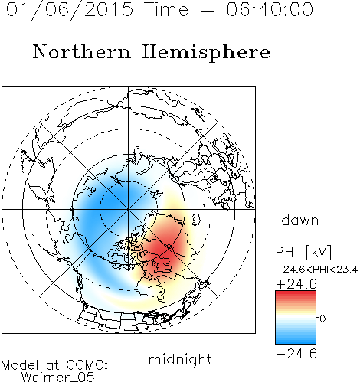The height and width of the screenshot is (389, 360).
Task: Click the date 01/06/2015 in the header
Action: click(x=70, y=10)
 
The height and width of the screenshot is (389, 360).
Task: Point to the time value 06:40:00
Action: click(x=270, y=9)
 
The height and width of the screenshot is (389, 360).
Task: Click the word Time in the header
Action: click(x=166, y=9)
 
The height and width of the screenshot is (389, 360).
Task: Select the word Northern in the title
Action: click(x=82, y=51)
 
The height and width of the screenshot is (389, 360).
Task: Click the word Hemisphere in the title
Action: click(x=206, y=53)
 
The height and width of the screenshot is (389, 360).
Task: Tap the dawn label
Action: click(x=300, y=220)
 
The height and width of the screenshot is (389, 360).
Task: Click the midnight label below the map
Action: click(x=180, y=359)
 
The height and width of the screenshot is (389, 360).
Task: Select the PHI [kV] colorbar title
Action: click(x=303, y=252)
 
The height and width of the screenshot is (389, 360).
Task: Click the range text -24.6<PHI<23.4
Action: click(x=316, y=270)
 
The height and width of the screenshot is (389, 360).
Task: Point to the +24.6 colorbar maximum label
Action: click(x=296, y=284)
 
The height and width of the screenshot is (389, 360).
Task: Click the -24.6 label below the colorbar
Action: click(x=296, y=354)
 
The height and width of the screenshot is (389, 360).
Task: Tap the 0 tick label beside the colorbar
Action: click(x=322, y=319)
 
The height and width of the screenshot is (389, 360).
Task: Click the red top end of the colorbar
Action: click(x=296, y=293)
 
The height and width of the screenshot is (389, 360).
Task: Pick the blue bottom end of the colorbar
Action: click(x=296, y=342)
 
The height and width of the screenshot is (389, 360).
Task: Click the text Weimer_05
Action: click(x=58, y=378)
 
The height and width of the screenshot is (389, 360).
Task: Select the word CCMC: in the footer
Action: click(x=87, y=365)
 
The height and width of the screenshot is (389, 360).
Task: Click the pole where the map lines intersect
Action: click(x=129, y=209)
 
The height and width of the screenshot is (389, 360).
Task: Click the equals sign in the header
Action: click(x=208, y=10)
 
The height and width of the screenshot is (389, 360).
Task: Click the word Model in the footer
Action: click(x=20, y=365)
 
